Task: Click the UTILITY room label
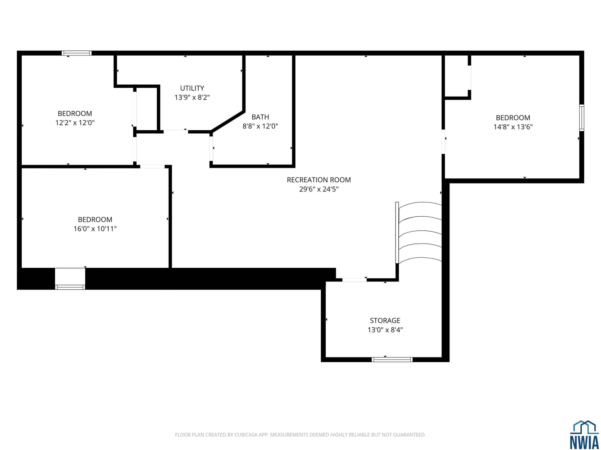point(192,88)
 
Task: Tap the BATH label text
point(260,117)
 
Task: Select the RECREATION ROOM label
point(319,180)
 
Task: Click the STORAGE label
point(385,320)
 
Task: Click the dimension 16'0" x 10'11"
point(95,229)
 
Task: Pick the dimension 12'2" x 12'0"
point(75,123)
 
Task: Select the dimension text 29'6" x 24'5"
point(319,189)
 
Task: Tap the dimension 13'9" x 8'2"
point(192,97)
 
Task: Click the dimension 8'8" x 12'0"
point(260,126)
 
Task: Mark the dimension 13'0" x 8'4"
point(385,330)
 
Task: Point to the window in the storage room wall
point(392,360)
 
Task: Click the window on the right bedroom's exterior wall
point(582,118)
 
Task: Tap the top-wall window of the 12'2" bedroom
point(77,53)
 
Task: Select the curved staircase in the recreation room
point(418,233)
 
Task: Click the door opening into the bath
point(211,149)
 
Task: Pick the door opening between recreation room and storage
point(354,280)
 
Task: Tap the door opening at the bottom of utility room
point(176,132)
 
